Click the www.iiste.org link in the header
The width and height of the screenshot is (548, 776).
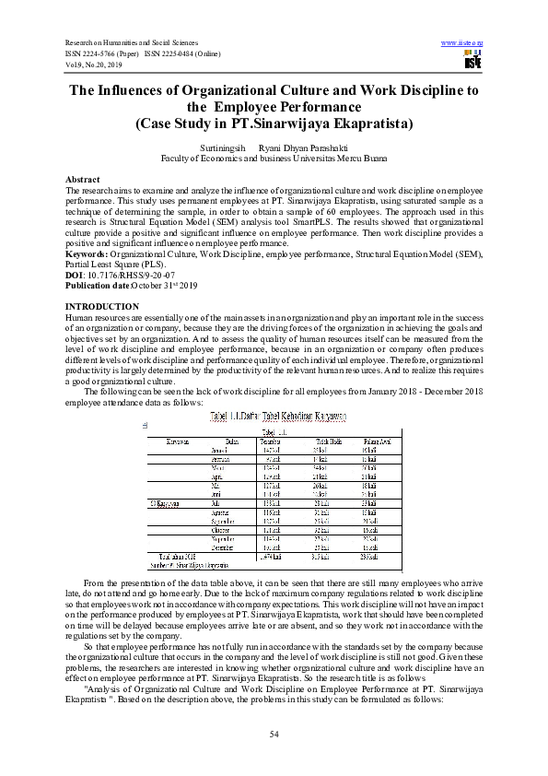click(x=463, y=42)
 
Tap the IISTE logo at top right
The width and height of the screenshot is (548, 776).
click(x=472, y=62)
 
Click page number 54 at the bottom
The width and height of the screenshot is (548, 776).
click(x=274, y=733)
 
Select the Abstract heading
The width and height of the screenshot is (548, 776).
click(x=84, y=178)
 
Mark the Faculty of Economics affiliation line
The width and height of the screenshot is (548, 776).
click(x=274, y=158)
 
